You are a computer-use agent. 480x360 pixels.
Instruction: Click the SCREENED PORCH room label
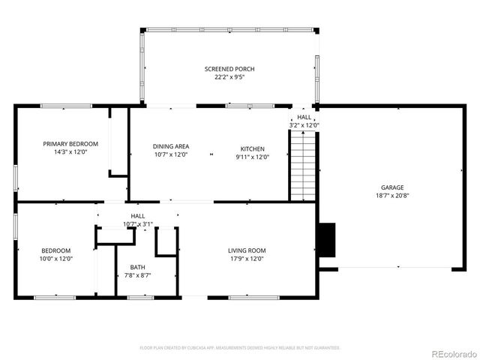point(229,69)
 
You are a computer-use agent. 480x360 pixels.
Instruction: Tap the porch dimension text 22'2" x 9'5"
point(229,76)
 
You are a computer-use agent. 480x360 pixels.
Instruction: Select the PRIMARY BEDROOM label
point(70,144)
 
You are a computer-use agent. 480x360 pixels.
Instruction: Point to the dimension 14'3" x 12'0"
point(70,152)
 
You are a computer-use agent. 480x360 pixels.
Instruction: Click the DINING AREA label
point(171,147)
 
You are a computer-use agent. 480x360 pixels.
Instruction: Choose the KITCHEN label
point(252,148)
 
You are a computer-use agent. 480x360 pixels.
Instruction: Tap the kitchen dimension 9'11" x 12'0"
point(252,157)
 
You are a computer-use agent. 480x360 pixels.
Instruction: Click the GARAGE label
point(392,187)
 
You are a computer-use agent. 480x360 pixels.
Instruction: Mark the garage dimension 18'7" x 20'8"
point(392,196)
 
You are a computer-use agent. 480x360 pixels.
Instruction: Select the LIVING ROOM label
point(247,250)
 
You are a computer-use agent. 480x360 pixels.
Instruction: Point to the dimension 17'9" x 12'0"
point(247,259)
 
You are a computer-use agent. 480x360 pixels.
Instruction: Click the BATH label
point(138,267)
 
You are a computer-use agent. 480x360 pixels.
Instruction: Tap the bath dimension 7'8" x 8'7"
point(138,275)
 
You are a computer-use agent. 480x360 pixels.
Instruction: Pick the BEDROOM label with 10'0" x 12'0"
point(56,250)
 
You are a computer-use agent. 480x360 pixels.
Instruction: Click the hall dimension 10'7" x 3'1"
point(138,223)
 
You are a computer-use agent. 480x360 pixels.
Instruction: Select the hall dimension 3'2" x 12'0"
point(304,125)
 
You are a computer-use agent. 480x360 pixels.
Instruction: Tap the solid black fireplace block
point(326,239)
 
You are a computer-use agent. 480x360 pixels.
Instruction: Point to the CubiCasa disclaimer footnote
point(240,347)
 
